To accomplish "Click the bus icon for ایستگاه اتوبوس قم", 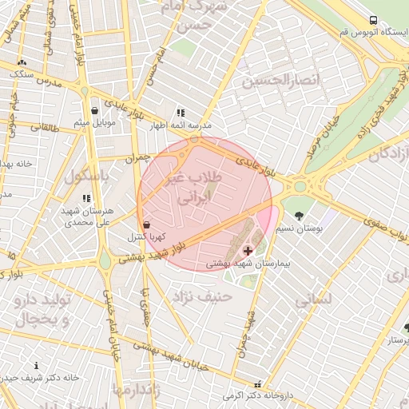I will tap(372, 20).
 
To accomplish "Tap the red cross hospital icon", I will tap(248, 250).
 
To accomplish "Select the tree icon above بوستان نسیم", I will tap(300, 216).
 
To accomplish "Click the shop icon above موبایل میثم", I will tap(95, 110).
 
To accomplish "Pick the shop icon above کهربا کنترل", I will tap(146, 224).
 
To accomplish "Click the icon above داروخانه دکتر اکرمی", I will tap(257, 383).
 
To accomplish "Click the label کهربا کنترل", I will tap(146, 237).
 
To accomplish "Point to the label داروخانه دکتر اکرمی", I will tap(256, 395).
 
